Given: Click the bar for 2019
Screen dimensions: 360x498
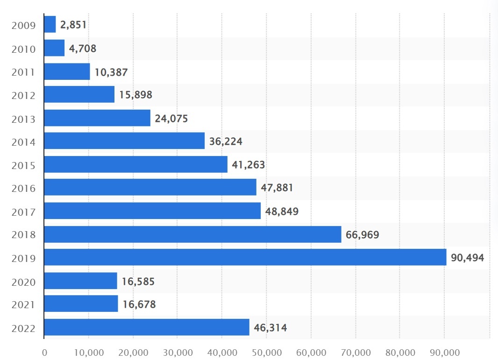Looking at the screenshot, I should coord(245,257).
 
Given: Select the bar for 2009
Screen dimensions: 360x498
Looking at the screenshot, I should coord(50,24).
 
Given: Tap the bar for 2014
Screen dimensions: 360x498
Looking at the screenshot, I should coord(124,141).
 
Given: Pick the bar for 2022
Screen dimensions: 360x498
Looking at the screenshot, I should coord(147,327).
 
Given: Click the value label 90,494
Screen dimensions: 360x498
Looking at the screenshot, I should coord(467,258).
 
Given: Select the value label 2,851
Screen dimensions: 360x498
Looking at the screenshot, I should coord(73,25).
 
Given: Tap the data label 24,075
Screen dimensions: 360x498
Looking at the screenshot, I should coord(171,118).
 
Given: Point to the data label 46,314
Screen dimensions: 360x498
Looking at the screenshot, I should coord(270,328).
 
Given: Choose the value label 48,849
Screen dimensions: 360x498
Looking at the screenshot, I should coord(282,212).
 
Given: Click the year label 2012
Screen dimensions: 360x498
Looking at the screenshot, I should coord(23,95).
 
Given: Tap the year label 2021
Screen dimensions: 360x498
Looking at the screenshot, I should coord(23,305).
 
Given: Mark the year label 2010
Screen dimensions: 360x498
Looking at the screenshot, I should coord(23,49).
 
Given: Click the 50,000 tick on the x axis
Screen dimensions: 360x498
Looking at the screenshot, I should coord(266,351).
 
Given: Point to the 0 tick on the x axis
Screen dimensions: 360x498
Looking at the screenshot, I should coord(44,351).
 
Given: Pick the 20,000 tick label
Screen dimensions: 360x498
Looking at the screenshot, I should coord(133,351).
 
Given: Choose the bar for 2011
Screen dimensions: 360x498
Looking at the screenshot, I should coord(67,71).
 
